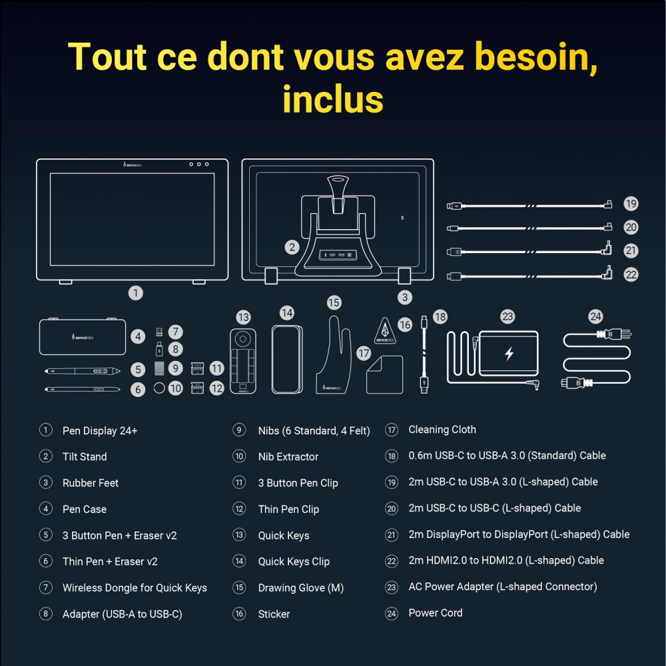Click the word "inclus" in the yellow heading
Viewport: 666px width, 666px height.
[x=332, y=98]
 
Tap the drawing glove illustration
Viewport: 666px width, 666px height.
[x=333, y=360]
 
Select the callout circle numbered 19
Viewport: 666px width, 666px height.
[x=631, y=204]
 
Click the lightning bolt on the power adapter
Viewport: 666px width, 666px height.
[x=509, y=354]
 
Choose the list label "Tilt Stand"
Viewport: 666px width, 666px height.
[x=85, y=457]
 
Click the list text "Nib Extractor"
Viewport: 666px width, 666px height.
[x=288, y=457]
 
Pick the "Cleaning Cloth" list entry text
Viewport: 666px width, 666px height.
[x=442, y=430]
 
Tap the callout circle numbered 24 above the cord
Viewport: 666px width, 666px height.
[x=595, y=317]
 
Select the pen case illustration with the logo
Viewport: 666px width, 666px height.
[x=83, y=336]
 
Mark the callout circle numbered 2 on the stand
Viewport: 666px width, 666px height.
[x=292, y=247]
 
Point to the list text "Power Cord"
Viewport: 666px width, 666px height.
[x=436, y=613]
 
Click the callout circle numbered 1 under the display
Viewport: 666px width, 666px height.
[x=136, y=292]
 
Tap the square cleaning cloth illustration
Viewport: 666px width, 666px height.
[x=384, y=375]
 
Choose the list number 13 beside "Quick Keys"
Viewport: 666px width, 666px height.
[x=239, y=535]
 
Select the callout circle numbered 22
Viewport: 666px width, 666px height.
[x=631, y=274]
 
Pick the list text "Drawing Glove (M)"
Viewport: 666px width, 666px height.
[x=301, y=588]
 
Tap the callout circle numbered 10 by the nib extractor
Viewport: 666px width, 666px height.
[x=175, y=388]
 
